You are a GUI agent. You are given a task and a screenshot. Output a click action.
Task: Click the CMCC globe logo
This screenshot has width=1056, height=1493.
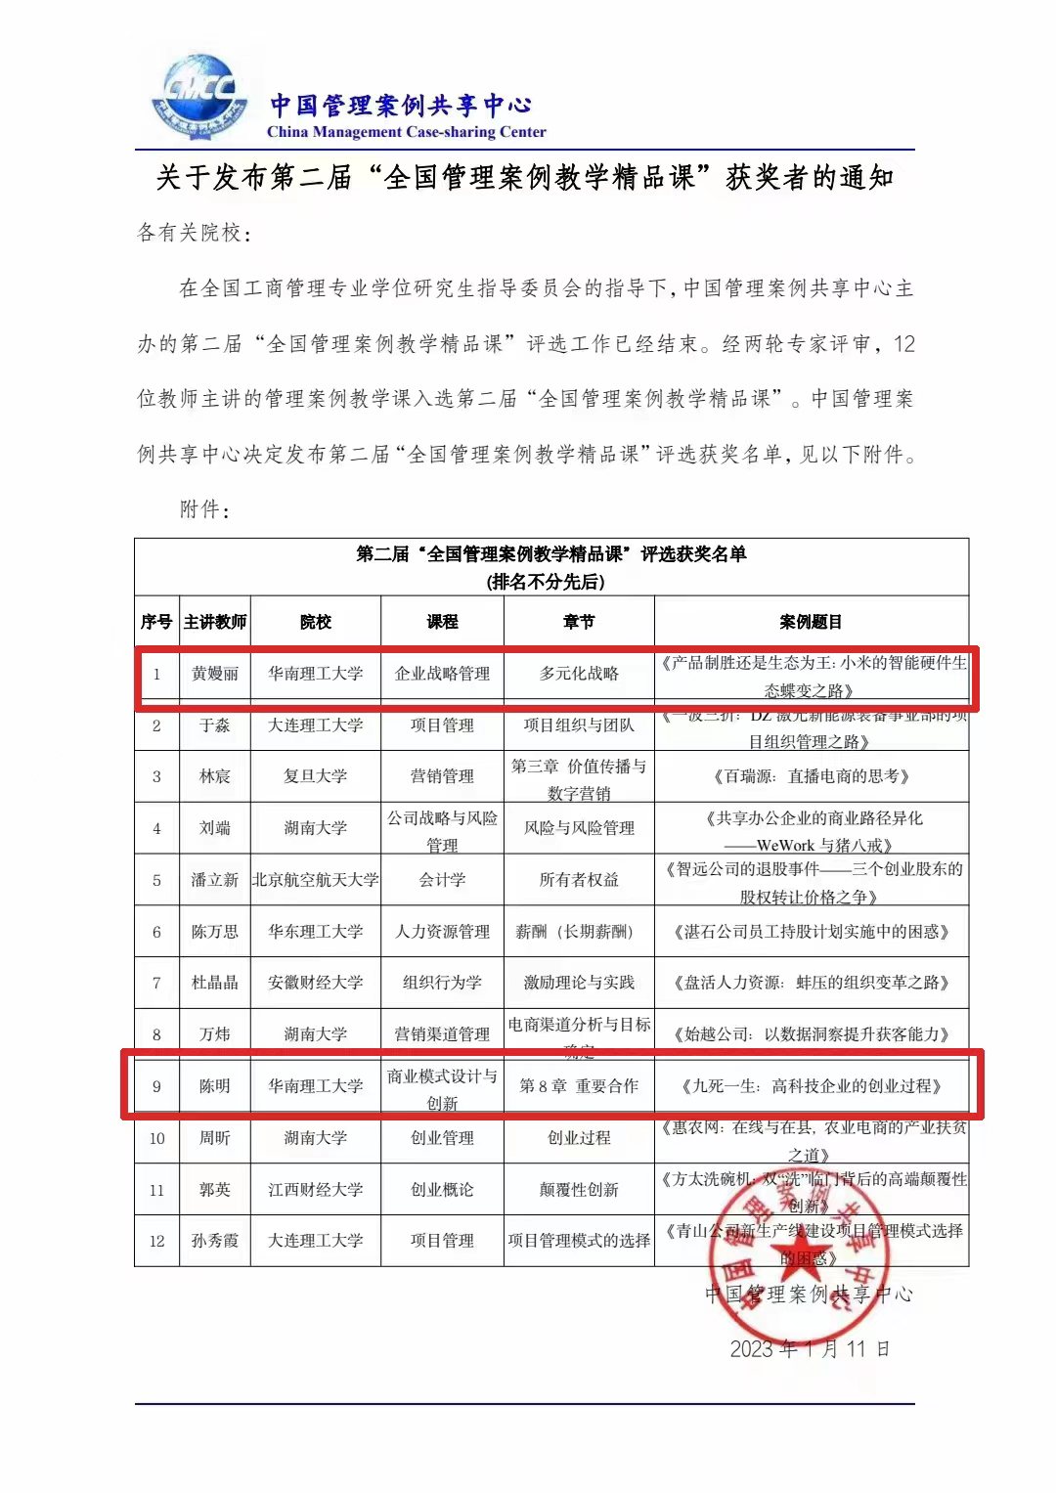coord(199,98)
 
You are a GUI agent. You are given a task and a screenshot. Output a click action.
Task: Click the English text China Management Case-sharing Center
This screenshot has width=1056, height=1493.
coord(406,132)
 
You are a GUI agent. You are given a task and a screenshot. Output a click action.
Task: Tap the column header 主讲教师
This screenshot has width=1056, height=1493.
coord(215,622)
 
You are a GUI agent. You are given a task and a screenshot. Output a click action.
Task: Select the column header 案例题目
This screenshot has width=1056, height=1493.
coord(811,622)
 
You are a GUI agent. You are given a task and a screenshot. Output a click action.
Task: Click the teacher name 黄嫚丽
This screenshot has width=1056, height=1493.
coord(215,674)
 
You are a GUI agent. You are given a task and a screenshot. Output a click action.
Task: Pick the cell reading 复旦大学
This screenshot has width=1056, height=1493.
coord(315,776)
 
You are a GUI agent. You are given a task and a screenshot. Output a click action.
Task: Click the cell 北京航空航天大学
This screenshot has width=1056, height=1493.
coord(315,880)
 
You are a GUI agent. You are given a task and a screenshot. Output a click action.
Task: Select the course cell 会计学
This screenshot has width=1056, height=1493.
coord(442,880)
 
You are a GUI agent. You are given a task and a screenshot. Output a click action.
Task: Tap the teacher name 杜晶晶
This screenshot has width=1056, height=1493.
coord(215,983)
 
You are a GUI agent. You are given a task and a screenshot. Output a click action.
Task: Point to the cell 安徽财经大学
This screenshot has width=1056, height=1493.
coord(315,983)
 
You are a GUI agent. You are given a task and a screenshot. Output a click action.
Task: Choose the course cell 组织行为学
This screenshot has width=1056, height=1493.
coord(442,983)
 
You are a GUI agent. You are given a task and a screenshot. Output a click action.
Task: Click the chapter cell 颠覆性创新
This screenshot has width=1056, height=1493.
coord(579,1190)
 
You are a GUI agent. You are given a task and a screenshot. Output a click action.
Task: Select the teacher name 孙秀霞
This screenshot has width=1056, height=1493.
coord(215,1241)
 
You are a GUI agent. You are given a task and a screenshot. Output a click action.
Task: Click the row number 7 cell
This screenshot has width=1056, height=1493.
coord(156,983)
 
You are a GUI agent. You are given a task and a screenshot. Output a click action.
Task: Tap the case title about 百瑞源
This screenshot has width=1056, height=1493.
coord(811,776)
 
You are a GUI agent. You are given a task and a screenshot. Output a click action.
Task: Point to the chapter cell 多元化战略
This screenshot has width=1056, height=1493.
coord(579,674)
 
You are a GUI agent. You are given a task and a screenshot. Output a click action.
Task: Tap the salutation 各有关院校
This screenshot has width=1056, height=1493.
coord(194,233)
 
